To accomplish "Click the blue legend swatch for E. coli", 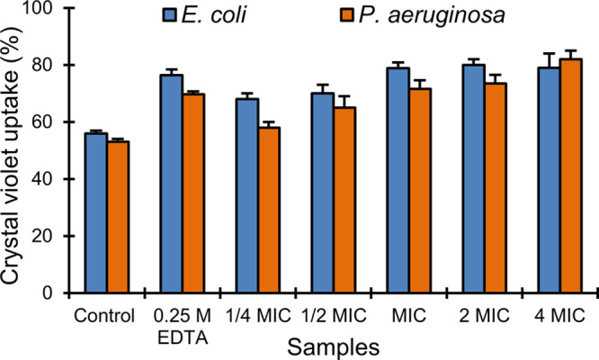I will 172,15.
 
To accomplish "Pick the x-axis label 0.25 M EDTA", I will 182,324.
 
